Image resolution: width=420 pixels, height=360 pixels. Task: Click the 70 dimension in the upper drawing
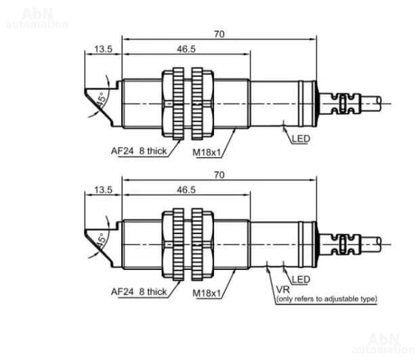(x=219, y=35)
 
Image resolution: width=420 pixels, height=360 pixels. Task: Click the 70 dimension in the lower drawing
(x=219, y=175)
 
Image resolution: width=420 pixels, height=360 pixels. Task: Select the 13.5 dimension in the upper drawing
(x=103, y=49)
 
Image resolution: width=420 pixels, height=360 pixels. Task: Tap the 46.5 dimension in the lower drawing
(x=186, y=189)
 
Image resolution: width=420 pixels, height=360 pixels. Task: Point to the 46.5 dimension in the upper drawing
(x=186, y=49)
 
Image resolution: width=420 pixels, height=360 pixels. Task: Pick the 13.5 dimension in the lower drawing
(x=103, y=189)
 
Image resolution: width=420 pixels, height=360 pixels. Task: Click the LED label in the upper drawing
(x=301, y=139)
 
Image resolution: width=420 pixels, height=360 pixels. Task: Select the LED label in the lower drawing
(x=301, y=279)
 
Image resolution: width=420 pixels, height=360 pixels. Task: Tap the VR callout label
(x=283, y=290)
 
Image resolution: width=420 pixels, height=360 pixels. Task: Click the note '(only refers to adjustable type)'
(x=327, y=298)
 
